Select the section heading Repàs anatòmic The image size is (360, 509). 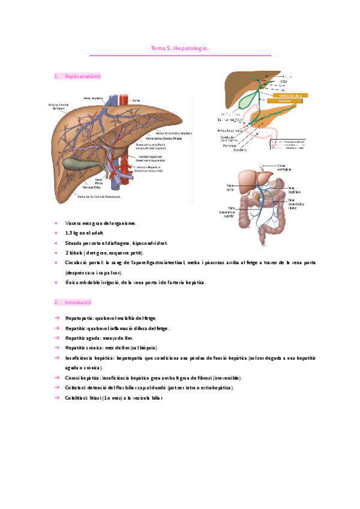tap(82, 76)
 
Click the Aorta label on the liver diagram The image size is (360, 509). tap(137, 100)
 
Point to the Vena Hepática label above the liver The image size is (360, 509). tap(94, 97)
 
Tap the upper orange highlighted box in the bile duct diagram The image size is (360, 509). tap(289, 95)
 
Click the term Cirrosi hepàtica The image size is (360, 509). tap(83, 378)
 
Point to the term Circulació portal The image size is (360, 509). tap(84, 262)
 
